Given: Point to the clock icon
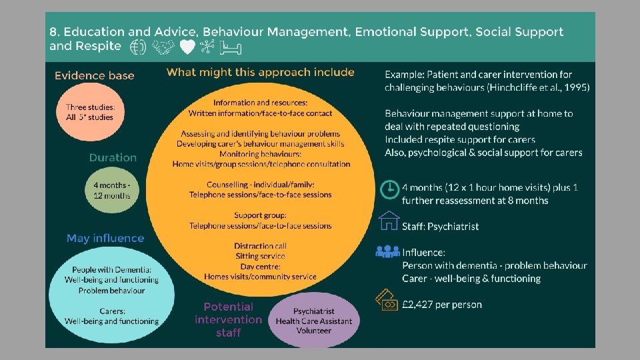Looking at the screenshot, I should pos(389,189).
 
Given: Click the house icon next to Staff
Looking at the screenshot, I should pos(389,221).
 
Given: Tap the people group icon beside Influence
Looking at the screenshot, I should pos(388,252).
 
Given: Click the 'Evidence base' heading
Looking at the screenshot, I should pos(95,75).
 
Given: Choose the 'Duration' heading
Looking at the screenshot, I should pos(113,158).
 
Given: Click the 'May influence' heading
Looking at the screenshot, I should pos(105,238).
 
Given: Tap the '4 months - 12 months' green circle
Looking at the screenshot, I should pos(112,191).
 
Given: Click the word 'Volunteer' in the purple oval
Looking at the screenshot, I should pos(314,331).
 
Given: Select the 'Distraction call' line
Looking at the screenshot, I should pos(260,247).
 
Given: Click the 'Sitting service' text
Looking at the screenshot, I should pos(260,257).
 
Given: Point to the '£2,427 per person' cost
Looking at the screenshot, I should pos(442,305).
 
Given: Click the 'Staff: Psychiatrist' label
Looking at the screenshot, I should pos(440,227).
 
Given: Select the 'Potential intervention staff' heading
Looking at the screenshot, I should pos(228,319).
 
